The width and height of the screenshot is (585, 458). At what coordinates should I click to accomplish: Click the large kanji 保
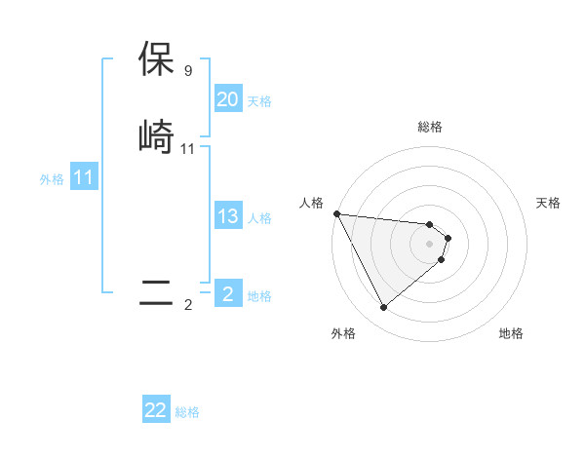(157, 59)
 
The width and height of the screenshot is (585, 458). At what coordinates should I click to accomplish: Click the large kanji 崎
(157, 135)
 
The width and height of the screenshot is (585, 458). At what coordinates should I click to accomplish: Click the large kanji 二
(157, 293)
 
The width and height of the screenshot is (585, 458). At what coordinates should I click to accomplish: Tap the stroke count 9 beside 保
(187, 71)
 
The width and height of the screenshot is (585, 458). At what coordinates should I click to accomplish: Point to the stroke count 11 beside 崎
(188, 148)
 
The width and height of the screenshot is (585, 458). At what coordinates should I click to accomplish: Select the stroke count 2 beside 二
(187, 305)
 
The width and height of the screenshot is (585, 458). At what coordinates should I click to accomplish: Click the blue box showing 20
(227, 99)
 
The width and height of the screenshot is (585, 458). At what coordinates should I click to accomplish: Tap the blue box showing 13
(227, 216)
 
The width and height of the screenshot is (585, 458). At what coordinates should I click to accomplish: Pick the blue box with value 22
(156, 410)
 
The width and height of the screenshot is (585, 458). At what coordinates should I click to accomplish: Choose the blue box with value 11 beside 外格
(83, 178)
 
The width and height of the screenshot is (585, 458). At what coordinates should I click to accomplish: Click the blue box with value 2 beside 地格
(227, 294)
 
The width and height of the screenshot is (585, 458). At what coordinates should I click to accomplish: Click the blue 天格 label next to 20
(259, 101)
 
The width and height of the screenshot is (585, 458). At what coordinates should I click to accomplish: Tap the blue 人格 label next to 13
(259, 218)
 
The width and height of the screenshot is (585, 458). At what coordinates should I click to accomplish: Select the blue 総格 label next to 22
(187, 412)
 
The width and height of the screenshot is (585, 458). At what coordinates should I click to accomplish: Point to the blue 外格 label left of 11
(52, 179)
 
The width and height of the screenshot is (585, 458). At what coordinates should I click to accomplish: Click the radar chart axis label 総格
(430, 127)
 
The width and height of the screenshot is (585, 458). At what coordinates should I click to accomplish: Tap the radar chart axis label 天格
(549, 203)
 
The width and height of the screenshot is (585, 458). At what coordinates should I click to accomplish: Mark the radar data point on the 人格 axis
(336, 213)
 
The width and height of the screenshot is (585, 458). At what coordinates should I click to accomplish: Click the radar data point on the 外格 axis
(383, 308)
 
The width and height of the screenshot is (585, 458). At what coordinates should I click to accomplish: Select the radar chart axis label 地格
(511, 333)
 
